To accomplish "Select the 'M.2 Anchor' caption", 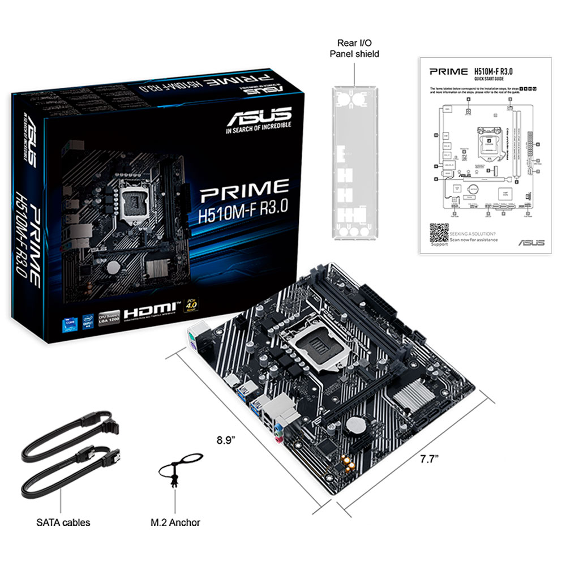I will click(175, 522).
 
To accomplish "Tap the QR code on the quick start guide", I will click(439, 233).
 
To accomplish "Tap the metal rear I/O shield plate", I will click(354, 164).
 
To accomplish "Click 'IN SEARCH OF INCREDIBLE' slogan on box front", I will click(258, 131).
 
